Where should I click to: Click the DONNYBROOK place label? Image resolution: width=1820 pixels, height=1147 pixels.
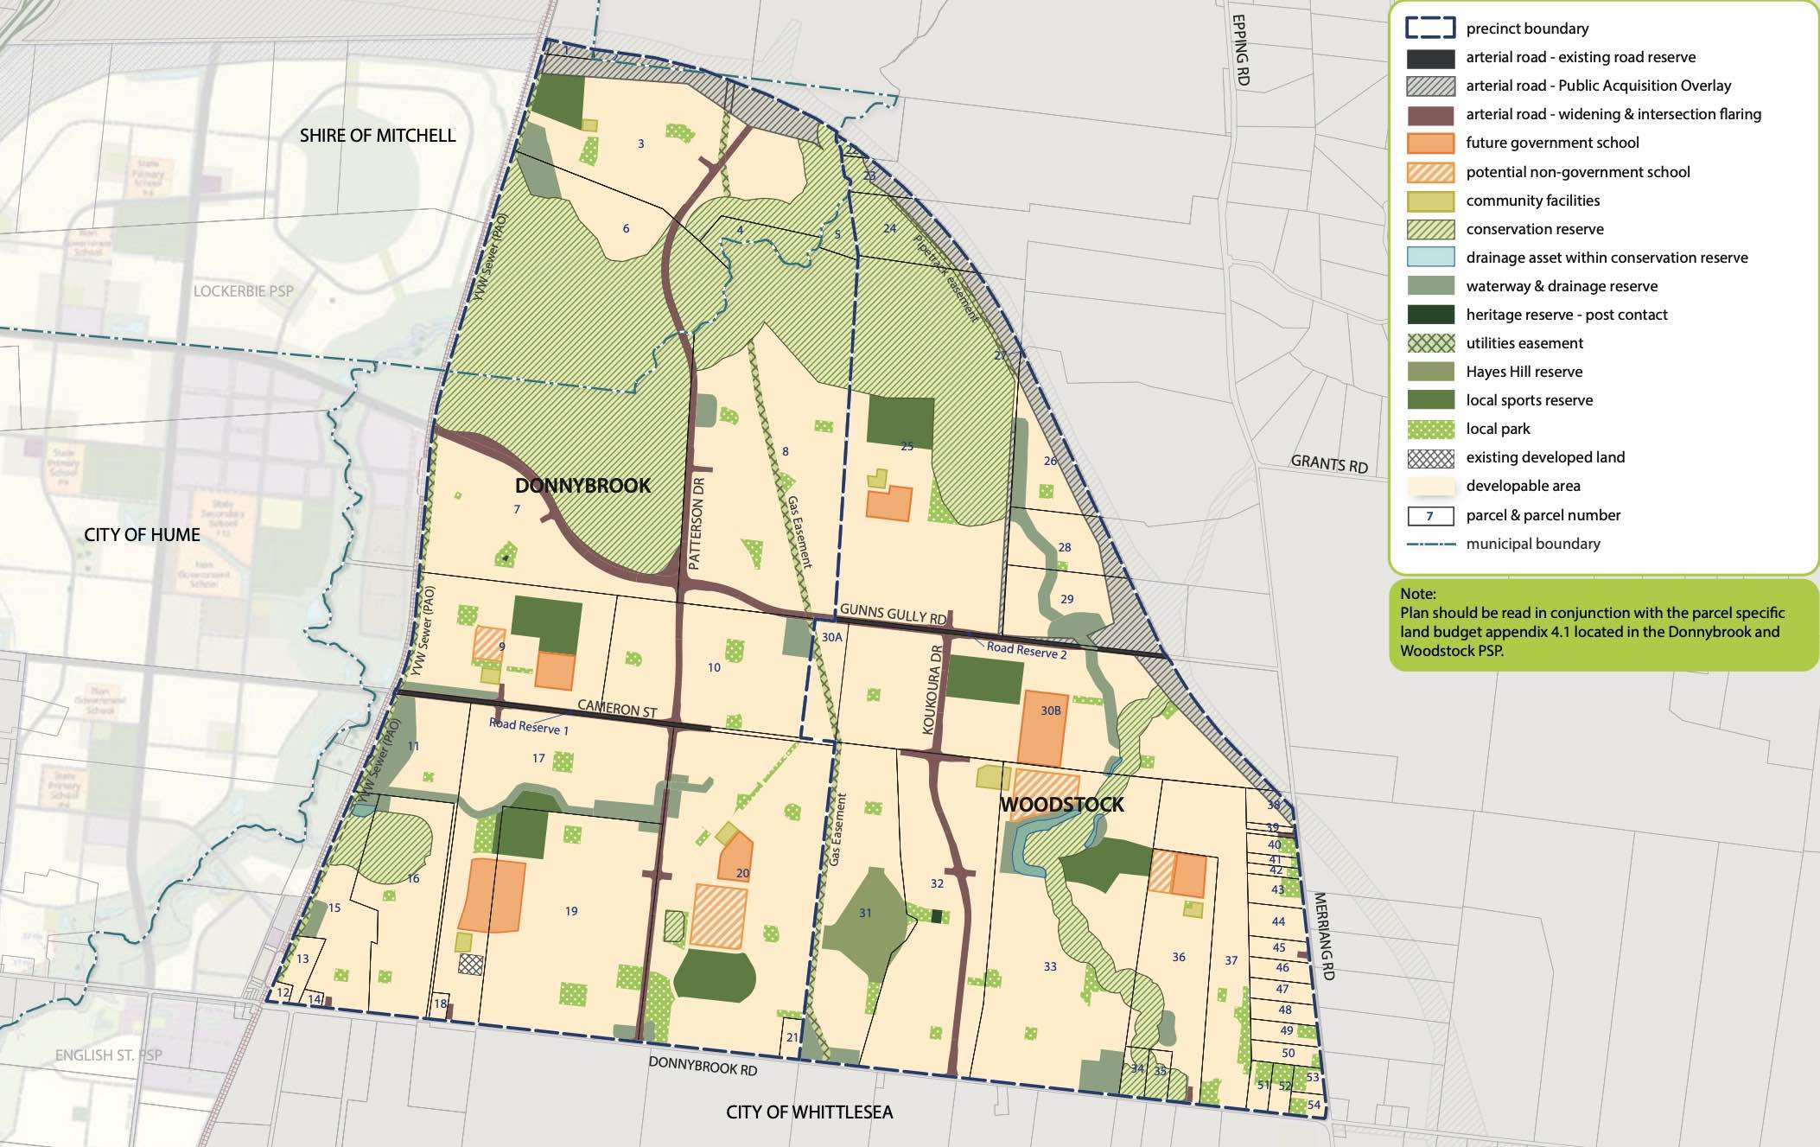pos(582,485)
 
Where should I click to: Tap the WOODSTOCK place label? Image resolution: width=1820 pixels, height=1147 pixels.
pos(1061,804)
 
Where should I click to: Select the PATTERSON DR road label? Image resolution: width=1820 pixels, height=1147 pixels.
pos(697,522)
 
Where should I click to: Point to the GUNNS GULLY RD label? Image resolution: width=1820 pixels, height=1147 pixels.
pos(893,614)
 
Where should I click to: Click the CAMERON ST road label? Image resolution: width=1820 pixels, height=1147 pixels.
pos(617,709)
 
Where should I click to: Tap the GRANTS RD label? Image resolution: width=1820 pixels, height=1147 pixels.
pos(1329,463)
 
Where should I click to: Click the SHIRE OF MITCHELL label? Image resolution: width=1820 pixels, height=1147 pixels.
pos(378,136)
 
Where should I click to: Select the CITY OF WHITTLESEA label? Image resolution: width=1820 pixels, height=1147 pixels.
pos(809,1112)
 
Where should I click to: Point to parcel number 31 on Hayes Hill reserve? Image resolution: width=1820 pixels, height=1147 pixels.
pos(865,913)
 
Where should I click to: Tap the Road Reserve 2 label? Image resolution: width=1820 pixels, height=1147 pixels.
pos(1026,650)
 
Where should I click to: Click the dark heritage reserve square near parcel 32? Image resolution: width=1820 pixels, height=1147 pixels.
pos(937,915)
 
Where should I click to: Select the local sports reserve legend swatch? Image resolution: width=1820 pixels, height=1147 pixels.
pos(1430,400)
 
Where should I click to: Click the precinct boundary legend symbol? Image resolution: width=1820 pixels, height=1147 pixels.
pos(1430,29)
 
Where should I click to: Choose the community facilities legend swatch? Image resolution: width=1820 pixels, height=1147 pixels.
pos(1430,201)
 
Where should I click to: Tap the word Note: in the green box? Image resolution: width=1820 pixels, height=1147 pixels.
pos(1418,594)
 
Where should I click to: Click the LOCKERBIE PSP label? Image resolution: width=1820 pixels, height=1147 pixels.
pos(243,291)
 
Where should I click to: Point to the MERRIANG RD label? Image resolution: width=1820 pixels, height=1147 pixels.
pos(1324,936)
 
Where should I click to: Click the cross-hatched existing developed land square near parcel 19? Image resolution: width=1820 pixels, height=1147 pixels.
pos(470,964)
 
